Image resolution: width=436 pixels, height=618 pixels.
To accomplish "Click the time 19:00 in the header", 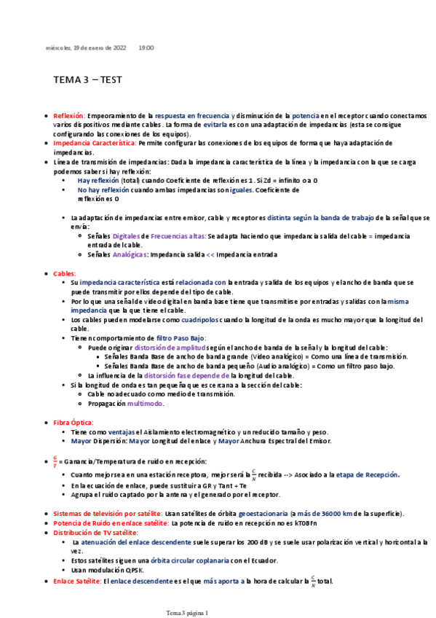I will tap(146, 47).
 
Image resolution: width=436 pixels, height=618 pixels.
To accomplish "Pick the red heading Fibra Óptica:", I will tap(75, 422).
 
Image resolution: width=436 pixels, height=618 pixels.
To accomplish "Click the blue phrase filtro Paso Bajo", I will tap(182, 338).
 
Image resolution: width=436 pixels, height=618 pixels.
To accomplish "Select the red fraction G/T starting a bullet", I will tap(55, 461).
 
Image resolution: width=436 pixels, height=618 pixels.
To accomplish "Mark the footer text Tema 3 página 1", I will tap(188, 613).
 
